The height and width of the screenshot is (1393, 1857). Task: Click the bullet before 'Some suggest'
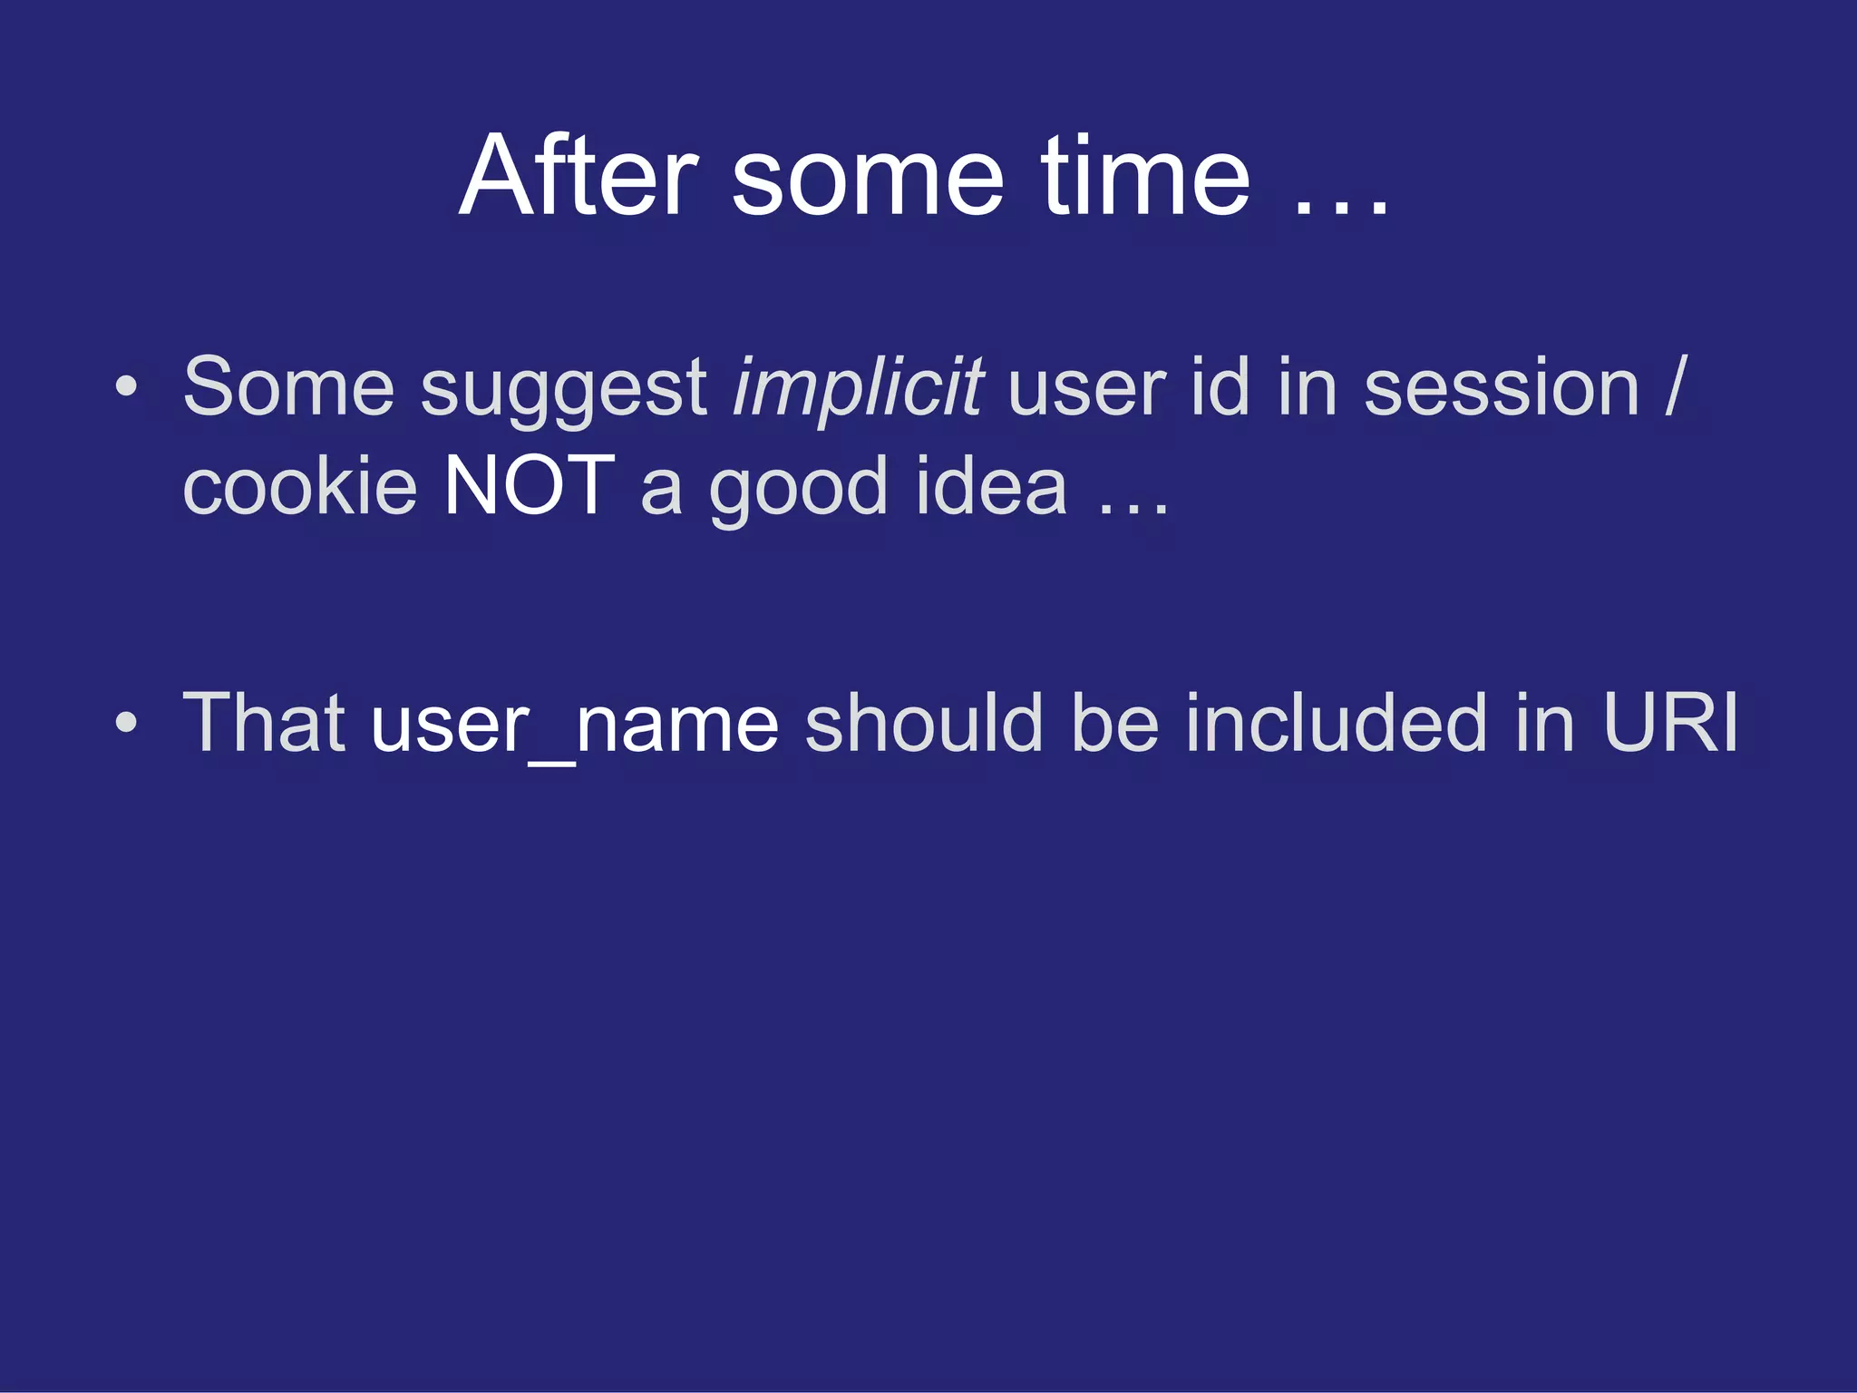(x=127, y=387)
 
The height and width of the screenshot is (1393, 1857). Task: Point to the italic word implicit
(x=857, y=388)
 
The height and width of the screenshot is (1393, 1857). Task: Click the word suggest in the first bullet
(x=563, y=390)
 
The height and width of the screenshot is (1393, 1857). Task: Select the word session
(x=1501, y=388)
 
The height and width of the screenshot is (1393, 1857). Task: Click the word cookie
(x=299, y=487)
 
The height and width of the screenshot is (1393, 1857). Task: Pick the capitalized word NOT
(x=529, y=487)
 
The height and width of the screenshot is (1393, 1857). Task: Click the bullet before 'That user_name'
(x=127, y=723)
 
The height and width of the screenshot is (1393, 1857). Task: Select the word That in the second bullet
(x=264, y=723)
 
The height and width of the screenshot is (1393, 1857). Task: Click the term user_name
(x=575, y=726)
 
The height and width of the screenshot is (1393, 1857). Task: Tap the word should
(x=923, y=723)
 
